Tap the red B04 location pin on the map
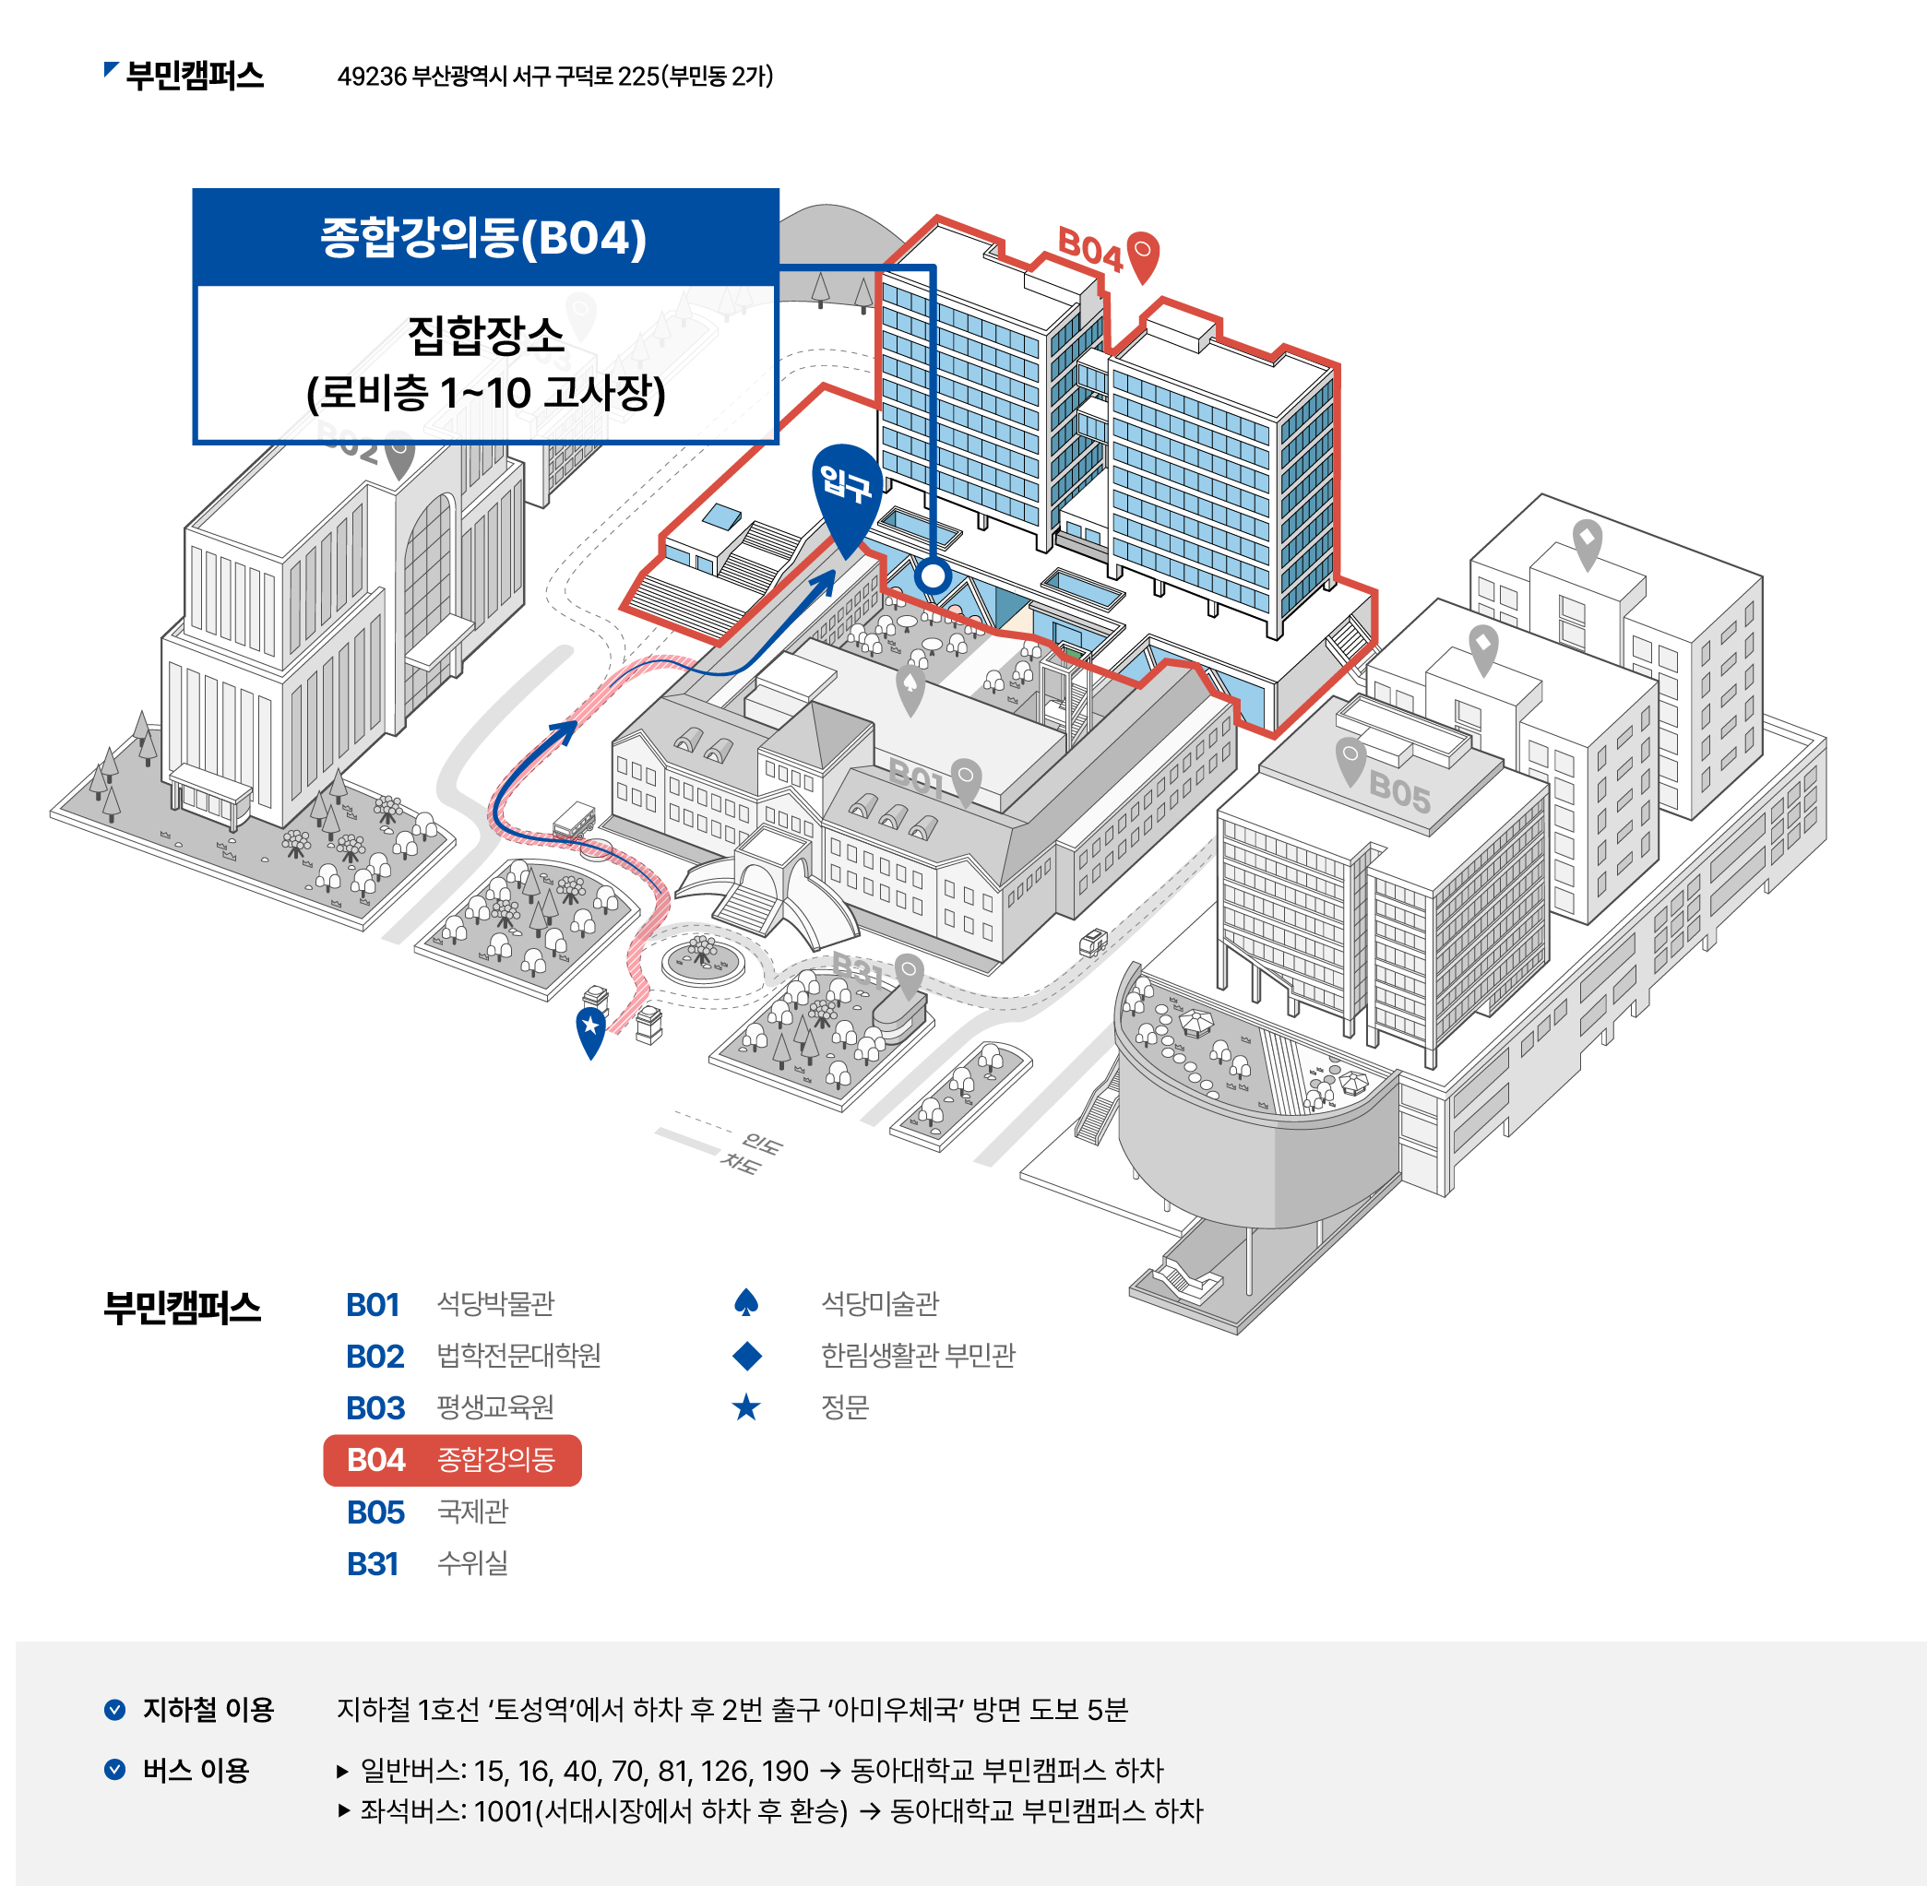(x=1142, y=255)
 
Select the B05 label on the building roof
(x=1399, y=791)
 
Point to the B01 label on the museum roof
(x=916, y=777)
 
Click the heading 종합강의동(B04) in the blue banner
(x=483, y=238)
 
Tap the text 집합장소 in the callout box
(x=485, y=336)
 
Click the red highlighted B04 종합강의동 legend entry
(x=452, y=1460)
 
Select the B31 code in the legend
(x=373, y=1564)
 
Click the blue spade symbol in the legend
(x=746, y=1303)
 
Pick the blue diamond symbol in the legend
(x=747, y=1356)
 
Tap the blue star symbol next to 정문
(x=746, y=1407)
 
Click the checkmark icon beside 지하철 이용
(x=115, y=1710)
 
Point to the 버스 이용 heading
(x=196, y=1770)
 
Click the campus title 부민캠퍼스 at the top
(x=195, y=77)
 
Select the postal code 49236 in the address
(x=372, y=77)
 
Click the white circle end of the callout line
(x=933, y=575)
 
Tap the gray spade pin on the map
(x=910, y=686)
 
